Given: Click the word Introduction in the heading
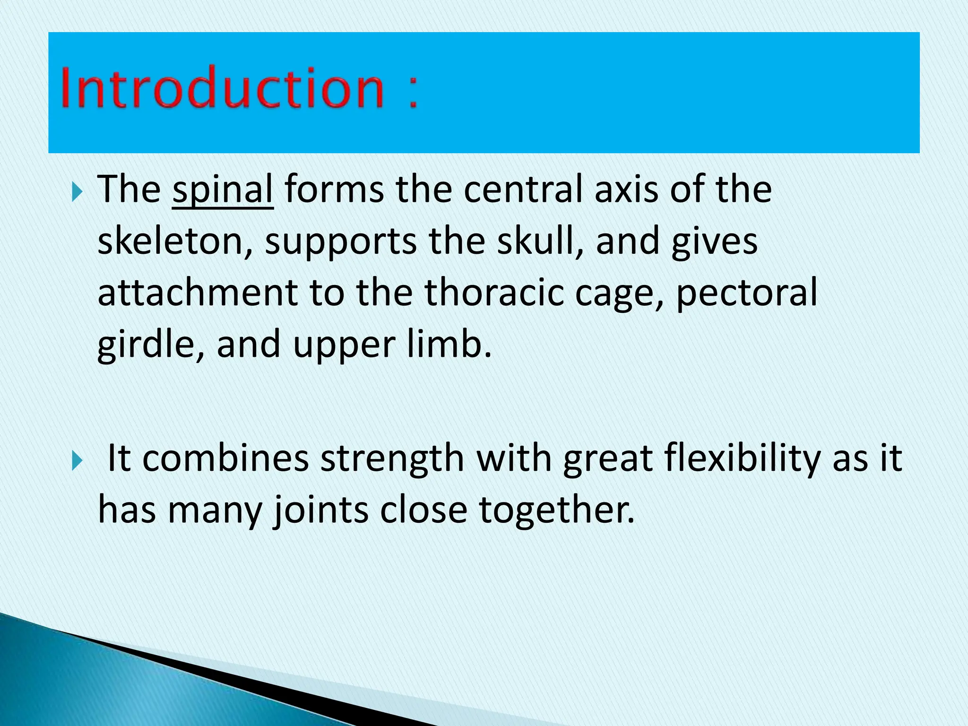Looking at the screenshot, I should (x=222, y=88).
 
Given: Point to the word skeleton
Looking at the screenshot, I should (x=170, y=241).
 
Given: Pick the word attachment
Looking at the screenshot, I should (x=198, y=293).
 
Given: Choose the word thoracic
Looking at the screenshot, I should (x=494, y=293).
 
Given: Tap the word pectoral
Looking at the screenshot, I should (x=746, y=294).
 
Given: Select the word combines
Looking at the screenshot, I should (x=225, y=458).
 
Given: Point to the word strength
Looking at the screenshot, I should (x=392, y=459).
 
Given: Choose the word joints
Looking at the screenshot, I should (x=321, y=510).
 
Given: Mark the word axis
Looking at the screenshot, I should (x=626, y=189).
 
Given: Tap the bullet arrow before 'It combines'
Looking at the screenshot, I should (x=77, y=461).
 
